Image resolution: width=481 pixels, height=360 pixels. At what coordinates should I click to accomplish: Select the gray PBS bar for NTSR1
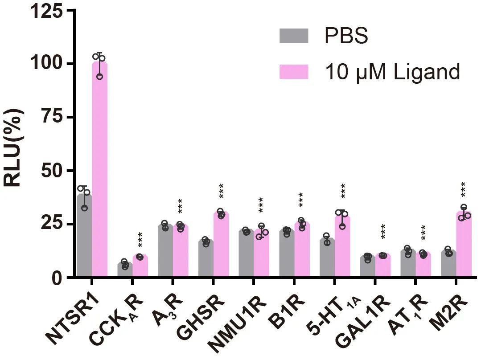tap(84, 236)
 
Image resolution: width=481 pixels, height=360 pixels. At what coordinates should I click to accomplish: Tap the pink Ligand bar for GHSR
tap(221, 245)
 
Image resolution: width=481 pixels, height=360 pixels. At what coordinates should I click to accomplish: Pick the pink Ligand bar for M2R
tap(464, 245)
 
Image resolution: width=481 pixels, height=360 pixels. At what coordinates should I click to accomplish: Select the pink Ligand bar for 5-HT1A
tap(342, 247)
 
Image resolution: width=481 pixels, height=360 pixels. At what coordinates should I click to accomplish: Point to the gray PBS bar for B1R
tap(286, 254)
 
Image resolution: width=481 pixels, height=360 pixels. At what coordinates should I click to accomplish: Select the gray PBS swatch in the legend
tap(294, 36)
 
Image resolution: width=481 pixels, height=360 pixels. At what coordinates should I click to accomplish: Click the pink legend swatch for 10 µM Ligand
tap(294, 71)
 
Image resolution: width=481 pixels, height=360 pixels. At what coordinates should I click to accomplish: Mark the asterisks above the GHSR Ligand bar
tap(221, 191)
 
